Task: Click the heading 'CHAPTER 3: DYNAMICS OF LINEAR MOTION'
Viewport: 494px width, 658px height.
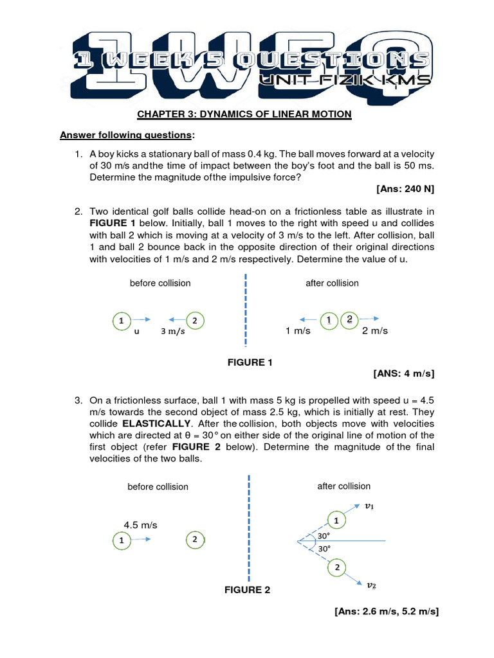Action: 244,114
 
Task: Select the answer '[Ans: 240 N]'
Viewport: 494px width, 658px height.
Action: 405,190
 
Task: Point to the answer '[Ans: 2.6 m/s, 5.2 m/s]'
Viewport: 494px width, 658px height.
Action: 386,612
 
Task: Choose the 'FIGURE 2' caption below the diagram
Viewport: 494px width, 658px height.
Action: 247,590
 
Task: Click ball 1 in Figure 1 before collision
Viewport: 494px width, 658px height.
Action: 121,320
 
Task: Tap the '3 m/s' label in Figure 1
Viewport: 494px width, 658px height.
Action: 172,332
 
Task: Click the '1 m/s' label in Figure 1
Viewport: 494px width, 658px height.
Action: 298,331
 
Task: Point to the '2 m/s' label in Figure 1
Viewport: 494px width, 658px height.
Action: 375,331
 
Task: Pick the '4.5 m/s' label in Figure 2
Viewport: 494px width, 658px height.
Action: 140,525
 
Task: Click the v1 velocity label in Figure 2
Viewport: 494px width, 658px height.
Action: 369,506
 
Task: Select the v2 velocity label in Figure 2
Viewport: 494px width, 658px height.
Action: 371,585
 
